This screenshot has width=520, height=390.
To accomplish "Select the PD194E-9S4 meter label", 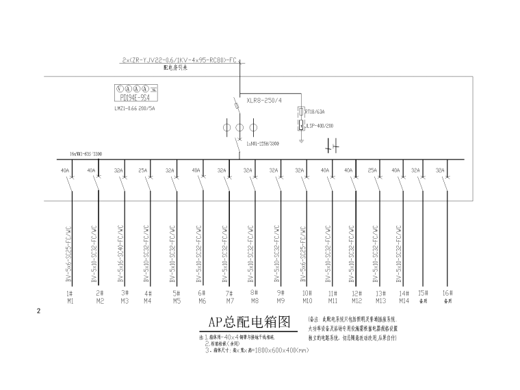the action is (135, 97).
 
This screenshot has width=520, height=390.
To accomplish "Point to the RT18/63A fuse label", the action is (315, 111).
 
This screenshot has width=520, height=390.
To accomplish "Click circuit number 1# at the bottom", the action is (70, 293).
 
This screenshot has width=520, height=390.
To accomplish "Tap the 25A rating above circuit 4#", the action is (143, 170).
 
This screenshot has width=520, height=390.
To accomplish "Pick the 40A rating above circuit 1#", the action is (66, 170).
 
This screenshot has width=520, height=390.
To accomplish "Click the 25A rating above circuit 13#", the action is (372, 170).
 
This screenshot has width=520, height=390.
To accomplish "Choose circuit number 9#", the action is (280, 293).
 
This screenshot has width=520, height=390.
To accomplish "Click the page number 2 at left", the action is (39, 312).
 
